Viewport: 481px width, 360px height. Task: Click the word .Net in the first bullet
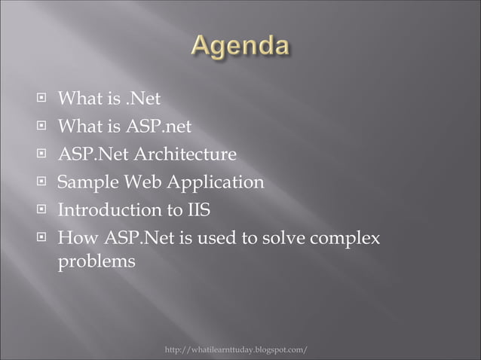click(x=143, y=99)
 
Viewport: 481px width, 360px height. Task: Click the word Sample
click(x=88, y=183)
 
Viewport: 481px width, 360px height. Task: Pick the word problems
click(x=97, y=263)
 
